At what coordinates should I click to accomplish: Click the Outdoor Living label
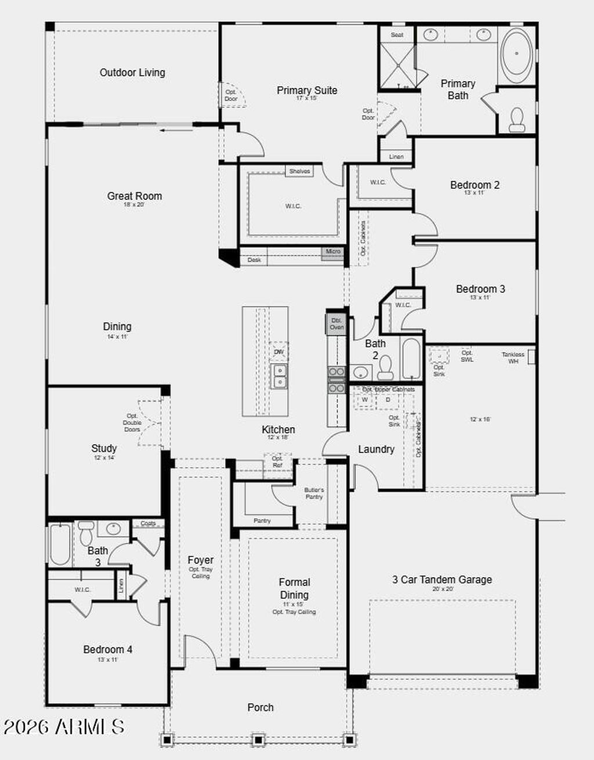(x=132, y=73)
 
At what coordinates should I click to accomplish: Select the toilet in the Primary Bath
(x=516, y=119)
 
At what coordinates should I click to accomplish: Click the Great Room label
(x=135, y=196)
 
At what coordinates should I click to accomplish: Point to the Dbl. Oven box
(x=336, y=324)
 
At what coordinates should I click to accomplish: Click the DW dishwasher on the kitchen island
(x=279, y=352)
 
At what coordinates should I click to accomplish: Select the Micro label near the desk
(x=333, y=252)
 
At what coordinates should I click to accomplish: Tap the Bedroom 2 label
(x=475, y=185)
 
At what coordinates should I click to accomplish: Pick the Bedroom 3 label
(x=480, y=289)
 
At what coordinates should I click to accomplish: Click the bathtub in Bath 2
(x=411, y=359)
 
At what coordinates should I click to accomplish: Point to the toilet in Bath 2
(x=385, y=367)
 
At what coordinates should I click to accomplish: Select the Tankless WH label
(x=513, y=357)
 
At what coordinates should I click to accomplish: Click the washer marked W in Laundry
(x=365, y=400)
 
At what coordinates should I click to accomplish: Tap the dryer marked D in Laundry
(x=388, y=400)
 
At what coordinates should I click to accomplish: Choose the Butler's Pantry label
(x=314, y=493)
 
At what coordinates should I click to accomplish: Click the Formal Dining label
(x=294, y=588)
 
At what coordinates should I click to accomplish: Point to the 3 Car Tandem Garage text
(x=442, y=579)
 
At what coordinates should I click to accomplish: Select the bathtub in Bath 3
(x=60, y=544)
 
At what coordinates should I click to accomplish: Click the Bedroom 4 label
(x=107, y=650)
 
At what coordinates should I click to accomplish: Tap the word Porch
(x=260, y=707)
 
